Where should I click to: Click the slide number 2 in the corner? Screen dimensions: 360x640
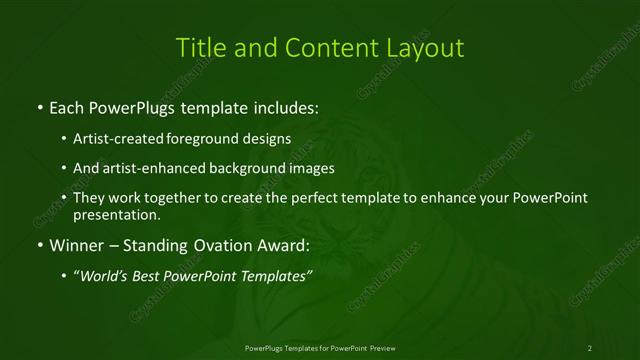(x=590, y=347)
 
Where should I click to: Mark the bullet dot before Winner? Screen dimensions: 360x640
(x=39, y=245)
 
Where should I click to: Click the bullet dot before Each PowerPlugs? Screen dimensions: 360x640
(x=39, y=105)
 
